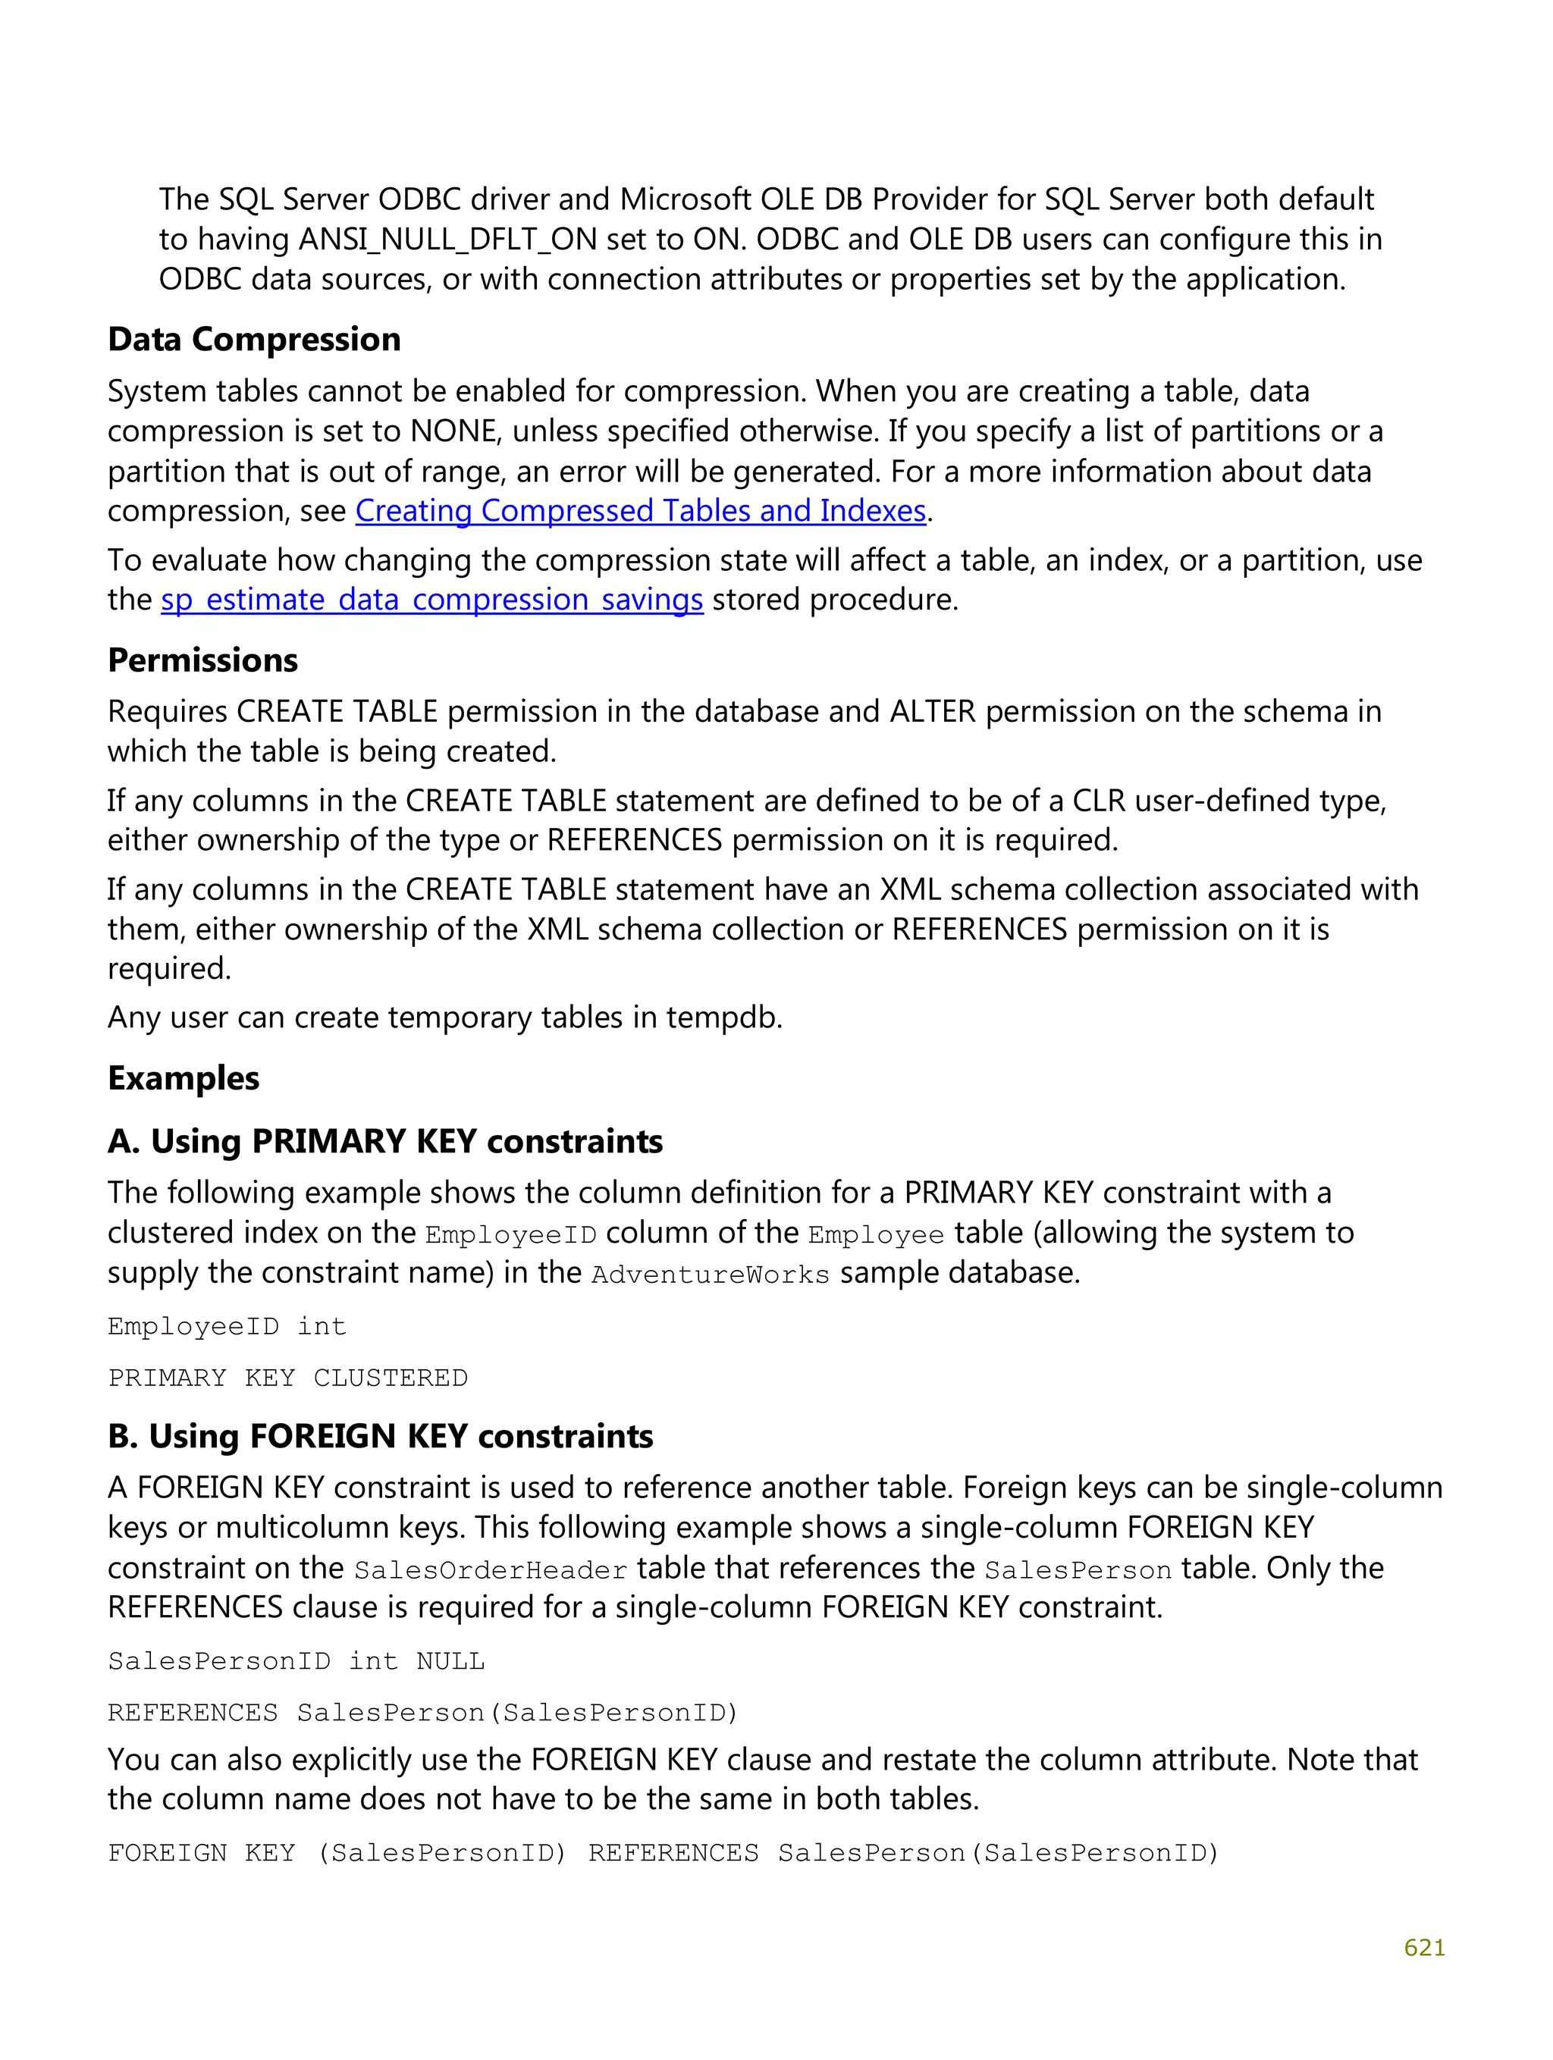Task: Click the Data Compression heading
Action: click(253, 340)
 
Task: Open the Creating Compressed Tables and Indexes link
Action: click(640, 511)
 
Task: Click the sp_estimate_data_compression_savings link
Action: click(431, 600)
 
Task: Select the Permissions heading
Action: click(202, 660)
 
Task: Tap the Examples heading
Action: click(184, 1078)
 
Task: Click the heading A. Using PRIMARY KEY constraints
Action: click(384, 1142)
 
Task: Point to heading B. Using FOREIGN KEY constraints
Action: click(380, 1437)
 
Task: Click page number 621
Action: click(1423, 1947)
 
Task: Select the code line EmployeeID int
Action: click(227, 1326)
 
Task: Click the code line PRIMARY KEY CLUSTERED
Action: click(287, 1378)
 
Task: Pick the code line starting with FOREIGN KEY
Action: click(663, 1853)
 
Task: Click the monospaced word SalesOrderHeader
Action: click(490, 1570)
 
